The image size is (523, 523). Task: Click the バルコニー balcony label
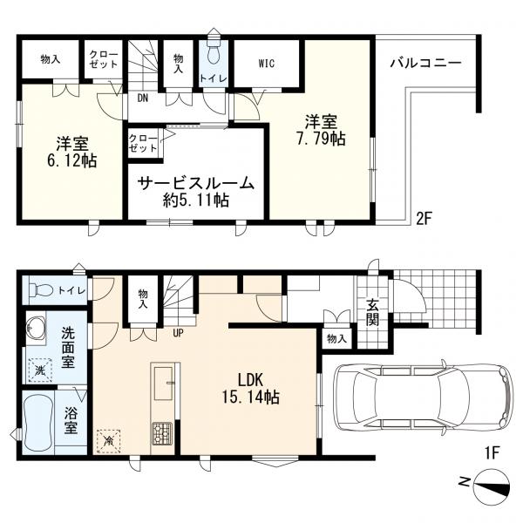coord(425,63)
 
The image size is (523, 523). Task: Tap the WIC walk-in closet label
coord(267,63)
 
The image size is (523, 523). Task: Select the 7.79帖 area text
coord(321,139)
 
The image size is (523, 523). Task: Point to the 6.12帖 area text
coord(72,160)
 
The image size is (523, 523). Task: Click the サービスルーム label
coord(196,183)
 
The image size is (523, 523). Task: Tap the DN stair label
coord(143,98)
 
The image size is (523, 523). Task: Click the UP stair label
coord(178,333)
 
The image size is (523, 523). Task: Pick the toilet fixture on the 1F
coord(41,289)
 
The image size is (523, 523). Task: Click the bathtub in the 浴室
coord(38,422)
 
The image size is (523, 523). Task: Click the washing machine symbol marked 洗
coord(40,370)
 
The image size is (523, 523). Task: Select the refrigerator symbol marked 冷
coord(108,441)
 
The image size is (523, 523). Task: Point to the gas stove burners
coord(162,433)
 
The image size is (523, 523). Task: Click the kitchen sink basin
coord(163,384)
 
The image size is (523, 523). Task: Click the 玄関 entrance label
coord(372,313)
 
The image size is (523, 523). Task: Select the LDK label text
coord(251,381)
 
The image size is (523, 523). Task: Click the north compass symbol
coord(492,486)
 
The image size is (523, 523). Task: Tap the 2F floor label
coord(425,219)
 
